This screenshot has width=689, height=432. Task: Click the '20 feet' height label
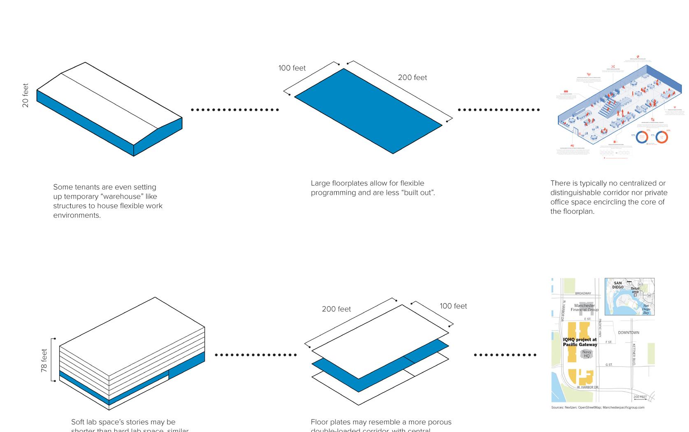(x=26, y=95)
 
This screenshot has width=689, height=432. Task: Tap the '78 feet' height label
(x=44, y=361)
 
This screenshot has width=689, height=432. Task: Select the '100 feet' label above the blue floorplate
(x=292, y=68)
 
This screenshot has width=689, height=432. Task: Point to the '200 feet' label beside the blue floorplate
(x=412, y=78)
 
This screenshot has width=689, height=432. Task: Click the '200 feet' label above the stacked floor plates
(x=336, y=309)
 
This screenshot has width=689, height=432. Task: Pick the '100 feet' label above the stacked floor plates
(x=453, y=306)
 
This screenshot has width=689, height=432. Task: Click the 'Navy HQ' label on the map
(x=587, y=354)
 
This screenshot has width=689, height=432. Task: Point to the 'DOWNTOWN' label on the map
(x=629, y=332)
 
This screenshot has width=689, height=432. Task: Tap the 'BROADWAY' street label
(x=583, y=293)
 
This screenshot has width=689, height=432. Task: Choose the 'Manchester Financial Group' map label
(x=585, y=308)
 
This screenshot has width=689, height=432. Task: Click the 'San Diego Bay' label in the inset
(x=646, y=309)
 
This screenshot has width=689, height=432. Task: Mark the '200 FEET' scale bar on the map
(x=640, y=397)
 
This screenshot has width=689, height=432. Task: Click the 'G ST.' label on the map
(x=609, y=365)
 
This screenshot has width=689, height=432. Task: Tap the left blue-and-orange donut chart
(x=642, y=137)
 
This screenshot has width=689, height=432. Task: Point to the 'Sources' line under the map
(x=598, y=408)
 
